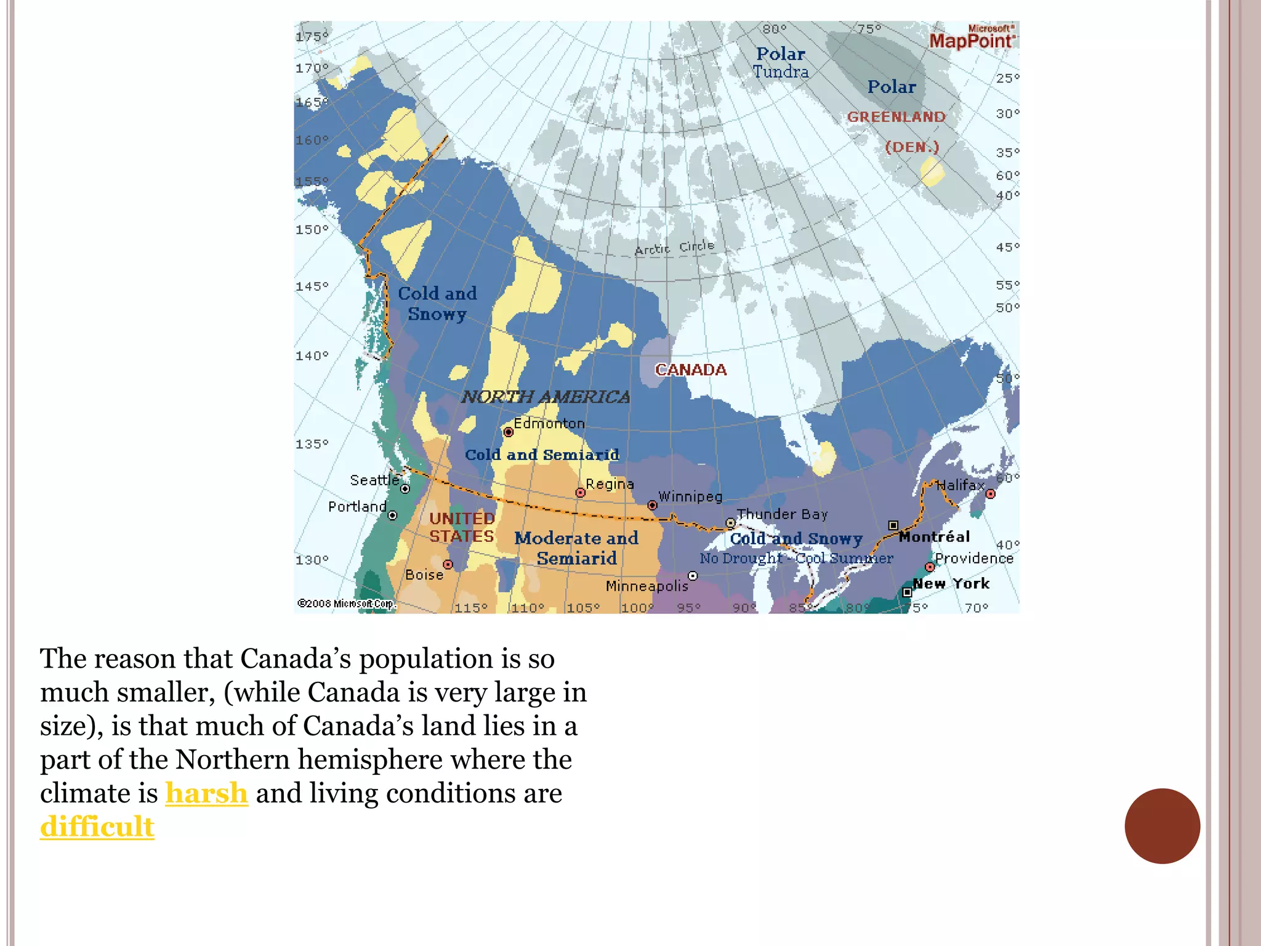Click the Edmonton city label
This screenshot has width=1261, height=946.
(549, 424)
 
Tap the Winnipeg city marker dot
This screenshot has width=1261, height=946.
(652, 506)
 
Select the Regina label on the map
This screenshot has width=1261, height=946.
(610, 484)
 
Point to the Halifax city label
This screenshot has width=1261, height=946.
(961, 485)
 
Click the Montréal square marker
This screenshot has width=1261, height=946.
(893, 525)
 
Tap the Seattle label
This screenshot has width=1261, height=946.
(374, 480)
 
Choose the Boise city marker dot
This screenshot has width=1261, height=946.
(448, 565)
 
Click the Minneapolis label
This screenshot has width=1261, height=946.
(647, 586)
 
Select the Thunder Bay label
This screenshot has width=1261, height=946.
(782, 514)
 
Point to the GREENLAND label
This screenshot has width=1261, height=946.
(896, 117)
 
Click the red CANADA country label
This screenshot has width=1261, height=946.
(690, 370)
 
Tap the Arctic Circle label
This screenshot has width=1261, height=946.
(674, 248)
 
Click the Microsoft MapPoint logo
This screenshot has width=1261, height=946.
(972, 38)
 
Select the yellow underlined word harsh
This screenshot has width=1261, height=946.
(206, 793)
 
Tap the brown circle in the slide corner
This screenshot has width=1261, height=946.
(1162, 826)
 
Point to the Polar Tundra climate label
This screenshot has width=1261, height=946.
(780, 63)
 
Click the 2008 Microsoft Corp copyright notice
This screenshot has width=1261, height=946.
(345, 604)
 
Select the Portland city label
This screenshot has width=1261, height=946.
(357, 507)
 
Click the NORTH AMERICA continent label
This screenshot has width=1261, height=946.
(546, 397)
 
